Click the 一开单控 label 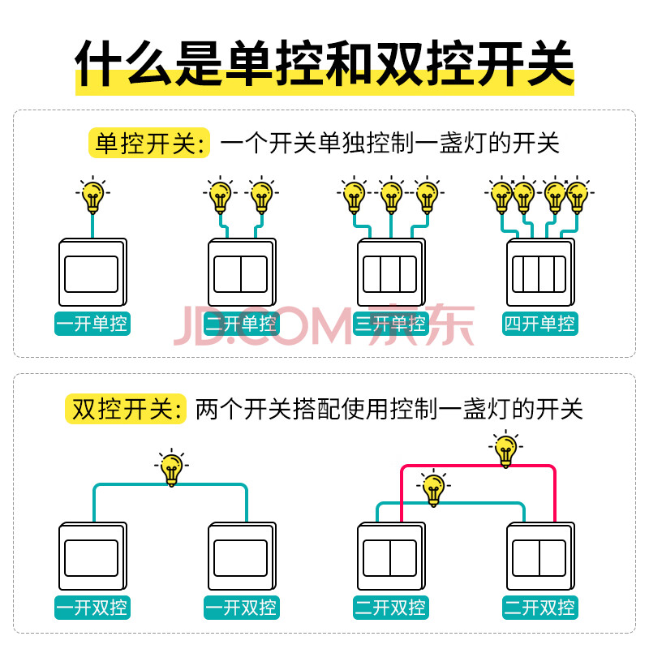[x=92, y=323]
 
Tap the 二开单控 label [x=242, y=323]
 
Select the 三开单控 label [x=391, y=323]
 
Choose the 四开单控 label [x=539, y=323]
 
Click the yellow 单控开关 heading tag [x=149, y=144]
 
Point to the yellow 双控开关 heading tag [x=126, y=409]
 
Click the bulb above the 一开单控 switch [x=92, y=196]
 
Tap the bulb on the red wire [x=505, y=449]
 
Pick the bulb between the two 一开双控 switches [x=171, y=468]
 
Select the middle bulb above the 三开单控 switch [x=391, y=196]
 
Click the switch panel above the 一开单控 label [x=92, y=272]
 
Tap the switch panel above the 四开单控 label [x=540, y=272]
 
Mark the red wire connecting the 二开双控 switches [x=478, y=466]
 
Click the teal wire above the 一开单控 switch [x=92, y=226]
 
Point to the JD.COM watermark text [x=262, y=326]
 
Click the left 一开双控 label [x=92, y=607]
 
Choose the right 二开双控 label [x=539, y=607]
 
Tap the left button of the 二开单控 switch [x=227, y=274]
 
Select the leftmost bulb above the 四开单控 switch [x=501, y=196]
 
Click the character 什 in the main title [x=98, y=63]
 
